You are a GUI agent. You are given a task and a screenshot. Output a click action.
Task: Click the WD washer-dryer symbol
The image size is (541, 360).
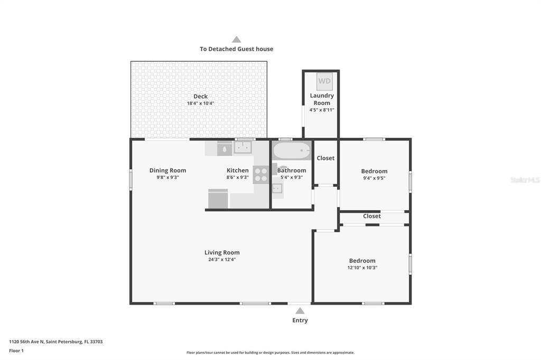coord(324,81)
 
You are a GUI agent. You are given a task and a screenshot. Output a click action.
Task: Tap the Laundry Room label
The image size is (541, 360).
coord(322,99)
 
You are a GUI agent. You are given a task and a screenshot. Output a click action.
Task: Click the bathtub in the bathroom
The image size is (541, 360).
coord(292,150)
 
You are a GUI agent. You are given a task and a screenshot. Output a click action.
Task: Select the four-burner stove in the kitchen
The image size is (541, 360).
coord(261,175)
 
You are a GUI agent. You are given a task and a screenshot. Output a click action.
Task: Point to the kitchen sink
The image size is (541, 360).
coord(243,148)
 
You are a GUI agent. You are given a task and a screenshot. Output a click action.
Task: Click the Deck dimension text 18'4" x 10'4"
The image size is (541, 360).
coord(200,103)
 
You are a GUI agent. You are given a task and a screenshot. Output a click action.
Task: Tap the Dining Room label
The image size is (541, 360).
coord(167,170)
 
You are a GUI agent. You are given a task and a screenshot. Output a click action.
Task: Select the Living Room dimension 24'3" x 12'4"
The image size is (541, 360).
coord(222,259)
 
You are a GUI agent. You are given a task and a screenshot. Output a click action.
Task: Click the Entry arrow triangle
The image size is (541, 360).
coord(300,311)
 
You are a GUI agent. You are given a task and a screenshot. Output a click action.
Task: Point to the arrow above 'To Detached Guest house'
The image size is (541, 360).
coord(236,39)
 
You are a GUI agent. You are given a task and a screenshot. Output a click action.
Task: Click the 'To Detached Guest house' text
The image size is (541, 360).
coord(236,49)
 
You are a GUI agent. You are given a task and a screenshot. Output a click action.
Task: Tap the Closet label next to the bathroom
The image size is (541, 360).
coord(325,158)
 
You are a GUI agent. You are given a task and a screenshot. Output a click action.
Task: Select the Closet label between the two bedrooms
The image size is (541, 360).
coord(371,216)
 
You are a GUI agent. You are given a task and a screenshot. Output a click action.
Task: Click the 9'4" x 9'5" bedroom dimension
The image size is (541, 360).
coord(375,178)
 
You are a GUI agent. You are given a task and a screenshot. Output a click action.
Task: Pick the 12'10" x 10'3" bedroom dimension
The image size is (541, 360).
coord(362,268)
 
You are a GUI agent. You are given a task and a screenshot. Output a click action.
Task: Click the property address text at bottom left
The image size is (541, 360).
coord(55,342)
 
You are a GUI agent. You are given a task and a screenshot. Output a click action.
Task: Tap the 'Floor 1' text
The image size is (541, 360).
coord(16,350)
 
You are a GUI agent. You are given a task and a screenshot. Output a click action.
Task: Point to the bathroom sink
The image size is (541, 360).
coord(277,188)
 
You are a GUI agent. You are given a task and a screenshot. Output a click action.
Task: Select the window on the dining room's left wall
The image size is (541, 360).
coord(131,179)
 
